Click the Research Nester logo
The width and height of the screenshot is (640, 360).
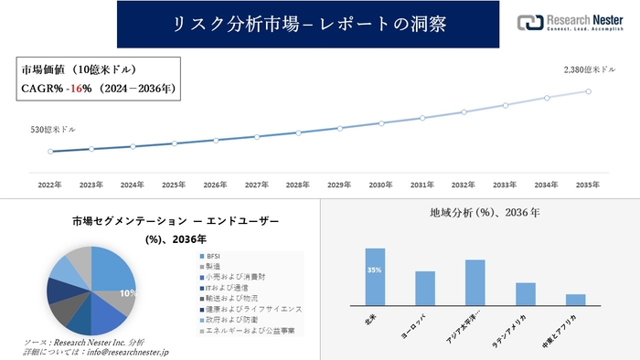[571, 23]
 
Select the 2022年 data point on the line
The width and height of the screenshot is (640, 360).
[50, 152]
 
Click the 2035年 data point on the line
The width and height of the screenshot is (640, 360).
[588, 91]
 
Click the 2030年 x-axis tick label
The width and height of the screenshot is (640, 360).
[381, 185]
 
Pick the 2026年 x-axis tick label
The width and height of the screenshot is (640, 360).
[216, 185]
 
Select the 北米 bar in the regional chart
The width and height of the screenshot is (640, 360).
[375, 277]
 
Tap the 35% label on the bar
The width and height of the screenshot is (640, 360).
[375, 270]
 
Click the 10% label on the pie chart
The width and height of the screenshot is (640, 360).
[129, 293]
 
